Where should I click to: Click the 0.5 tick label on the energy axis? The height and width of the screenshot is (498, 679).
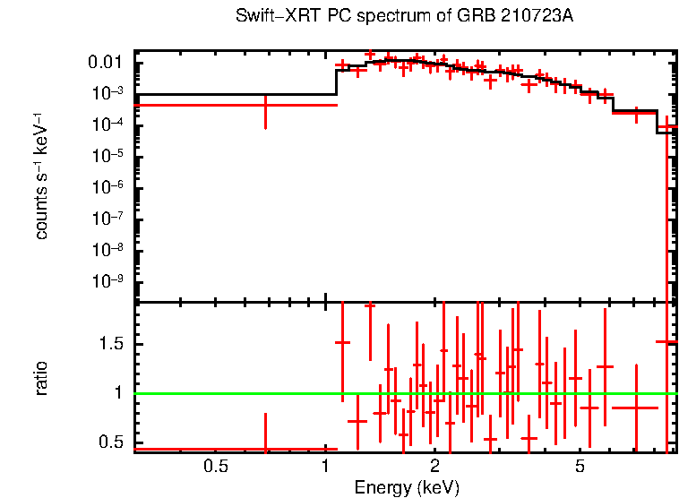(x=215, y=467)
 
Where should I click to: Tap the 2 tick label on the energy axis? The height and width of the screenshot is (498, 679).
(x=434, y=467)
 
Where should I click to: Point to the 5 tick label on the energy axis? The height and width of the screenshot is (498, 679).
(x=580, y=467)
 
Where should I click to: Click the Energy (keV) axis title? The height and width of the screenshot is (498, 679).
(x=407, y=487)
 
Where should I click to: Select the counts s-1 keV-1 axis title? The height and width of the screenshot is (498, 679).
(x=41, y=176)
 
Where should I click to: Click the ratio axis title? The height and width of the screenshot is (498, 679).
(x=41, y=378)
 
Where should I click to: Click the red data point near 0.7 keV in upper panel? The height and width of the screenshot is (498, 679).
(x=265, y=105)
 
